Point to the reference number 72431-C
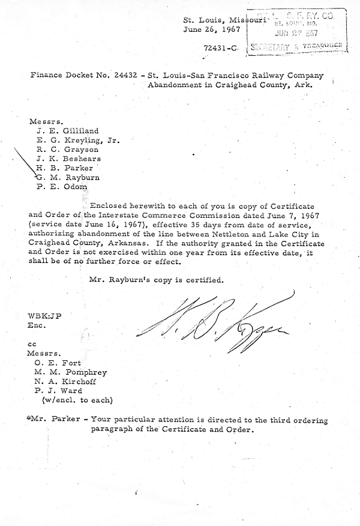(223, 46)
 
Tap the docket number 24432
(124, 76)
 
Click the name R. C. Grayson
(67, 149)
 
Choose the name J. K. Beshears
(68, 159)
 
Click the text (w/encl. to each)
(76, 400)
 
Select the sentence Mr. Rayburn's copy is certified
(156, 280)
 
